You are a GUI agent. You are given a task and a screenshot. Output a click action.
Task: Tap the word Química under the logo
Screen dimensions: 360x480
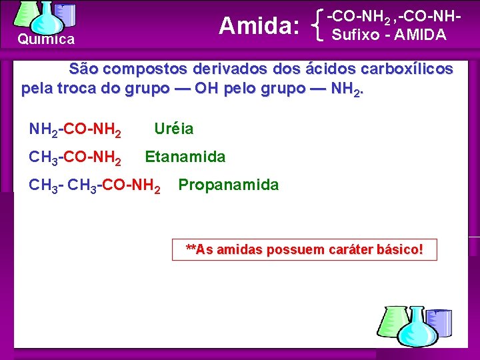[46, 39]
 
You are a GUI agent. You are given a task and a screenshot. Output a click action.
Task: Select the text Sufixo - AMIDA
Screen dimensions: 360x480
[389, 35]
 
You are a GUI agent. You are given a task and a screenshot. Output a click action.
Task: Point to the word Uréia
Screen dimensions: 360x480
[174, 129]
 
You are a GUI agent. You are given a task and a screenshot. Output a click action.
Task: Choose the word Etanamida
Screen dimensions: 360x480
[185, 157]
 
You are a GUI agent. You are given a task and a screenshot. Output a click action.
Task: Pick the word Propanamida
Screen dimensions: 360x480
[228, 185]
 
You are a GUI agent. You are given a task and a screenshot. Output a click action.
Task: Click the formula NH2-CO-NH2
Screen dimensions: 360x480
[75, 129]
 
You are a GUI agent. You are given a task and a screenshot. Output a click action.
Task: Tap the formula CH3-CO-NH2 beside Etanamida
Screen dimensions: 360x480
[75, 158]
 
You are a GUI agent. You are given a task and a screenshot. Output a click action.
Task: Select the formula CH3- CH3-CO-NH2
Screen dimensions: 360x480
[95, 186]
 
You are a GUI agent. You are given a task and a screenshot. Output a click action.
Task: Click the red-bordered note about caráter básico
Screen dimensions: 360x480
[304, 249]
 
